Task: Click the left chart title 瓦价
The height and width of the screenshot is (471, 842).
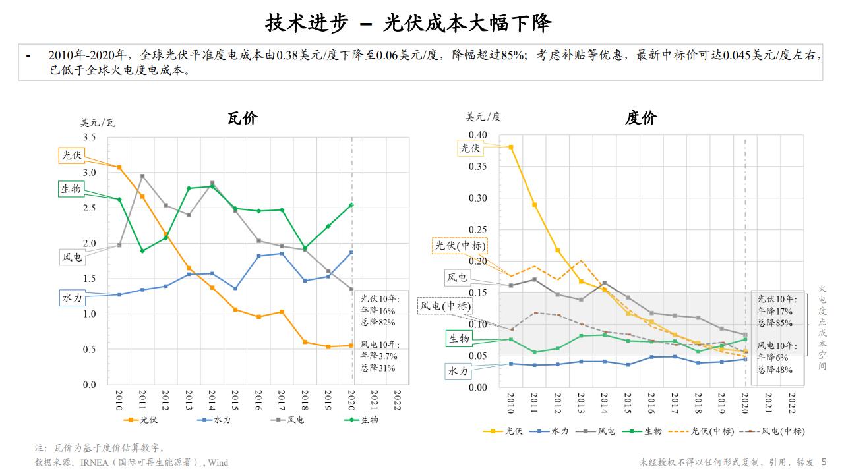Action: tap(243, 119)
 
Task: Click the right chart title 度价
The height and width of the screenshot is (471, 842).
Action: tap(641, 119)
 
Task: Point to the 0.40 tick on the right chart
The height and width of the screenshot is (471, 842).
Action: tap(477, 135)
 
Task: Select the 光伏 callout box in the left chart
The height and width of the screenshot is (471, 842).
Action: tap(71, 155)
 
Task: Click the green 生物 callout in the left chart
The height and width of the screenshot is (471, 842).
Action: tap(71, 189)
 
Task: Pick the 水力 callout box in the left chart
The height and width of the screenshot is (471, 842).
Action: tap(72, 298)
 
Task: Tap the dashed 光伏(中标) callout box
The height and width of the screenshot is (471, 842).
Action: tap(460, 246)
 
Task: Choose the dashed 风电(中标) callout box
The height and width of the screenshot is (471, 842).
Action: tap(446, 306)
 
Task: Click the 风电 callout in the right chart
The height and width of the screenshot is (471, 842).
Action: tap(456, 277)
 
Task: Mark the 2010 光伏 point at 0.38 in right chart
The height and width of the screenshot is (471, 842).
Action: tap(511, 147)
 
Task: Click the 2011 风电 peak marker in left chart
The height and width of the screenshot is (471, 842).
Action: tap(142, 176)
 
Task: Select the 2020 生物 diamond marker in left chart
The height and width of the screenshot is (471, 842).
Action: tap(351, 205)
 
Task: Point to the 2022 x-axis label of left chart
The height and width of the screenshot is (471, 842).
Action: tap(398, 400)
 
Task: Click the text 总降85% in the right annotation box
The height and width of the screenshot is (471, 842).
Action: tap(775, 323)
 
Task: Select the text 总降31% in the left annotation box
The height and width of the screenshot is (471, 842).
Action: tap(378, 368)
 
